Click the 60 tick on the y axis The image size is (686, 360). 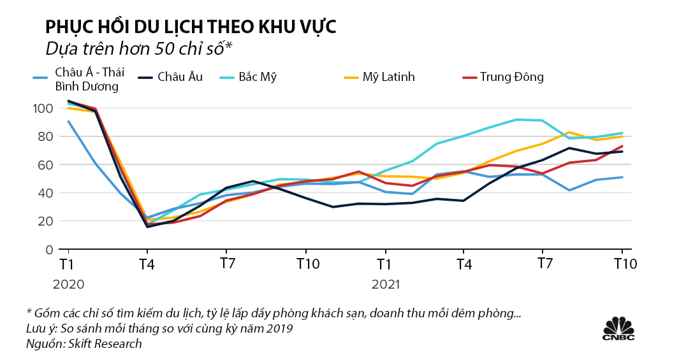tap(43, 164)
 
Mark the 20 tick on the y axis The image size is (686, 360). tap(43, 221)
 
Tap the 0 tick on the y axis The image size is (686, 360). tap(46, 249)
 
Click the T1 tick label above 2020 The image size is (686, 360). tap(66, 264)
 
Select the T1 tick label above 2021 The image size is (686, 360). tap(383, 264)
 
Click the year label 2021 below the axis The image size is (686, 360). tap(385, 284)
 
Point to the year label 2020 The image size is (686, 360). tap(68, 284)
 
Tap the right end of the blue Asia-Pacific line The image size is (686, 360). tap(622, 177)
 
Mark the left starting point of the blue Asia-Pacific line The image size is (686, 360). tap(68, 122)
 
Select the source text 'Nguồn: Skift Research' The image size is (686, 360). tap(84, 343)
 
